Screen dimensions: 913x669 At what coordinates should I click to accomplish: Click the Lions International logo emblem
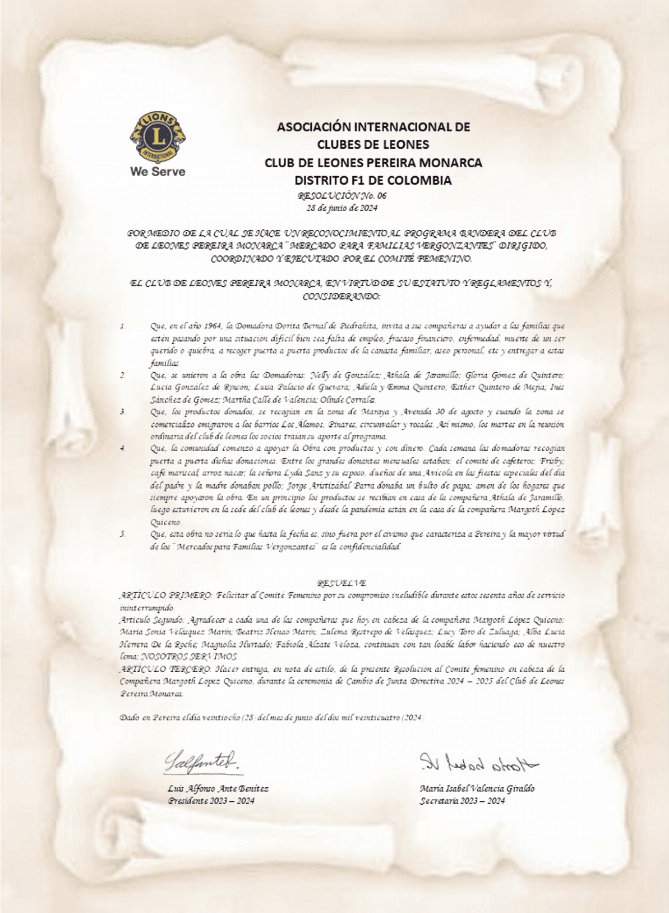pyautogui.click(x=158, y=136)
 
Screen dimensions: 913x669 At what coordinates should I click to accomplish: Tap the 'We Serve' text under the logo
pyautogui.click(x=158, y=172)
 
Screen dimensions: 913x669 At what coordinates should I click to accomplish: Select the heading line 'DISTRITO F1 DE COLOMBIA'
pyautogui.click(x=373, y=181)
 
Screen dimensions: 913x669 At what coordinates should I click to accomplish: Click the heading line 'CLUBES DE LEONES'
pyautogui.click(x=373, y=145)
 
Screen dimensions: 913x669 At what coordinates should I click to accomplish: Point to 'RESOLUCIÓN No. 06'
pyautogui.click(x=342, y=196)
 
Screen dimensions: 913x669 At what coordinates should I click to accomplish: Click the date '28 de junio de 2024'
pyautogui.click(x=342, y=208)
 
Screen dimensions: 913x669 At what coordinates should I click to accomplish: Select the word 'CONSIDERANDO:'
pyautogui.click(x=341, y=296)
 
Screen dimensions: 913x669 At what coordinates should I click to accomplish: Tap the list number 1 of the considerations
pyautogui.click(x=122, y=326)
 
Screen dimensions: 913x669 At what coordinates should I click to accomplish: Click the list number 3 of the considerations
pyautogui.click(x=122, y=412)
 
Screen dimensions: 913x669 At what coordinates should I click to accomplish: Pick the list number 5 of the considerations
pyautogui.click(x=122, y=534)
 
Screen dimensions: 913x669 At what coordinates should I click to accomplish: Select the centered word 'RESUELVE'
pyautogui.click(x=341, y=583)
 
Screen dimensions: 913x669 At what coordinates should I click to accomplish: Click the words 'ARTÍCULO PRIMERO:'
pyautogui.click(x=166, y=595)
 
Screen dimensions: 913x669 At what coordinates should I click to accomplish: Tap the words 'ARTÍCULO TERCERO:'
pyautogui.click(x=166, y=669)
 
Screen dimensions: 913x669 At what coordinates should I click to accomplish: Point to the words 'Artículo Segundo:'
pyautogui.click(x=152, y=620)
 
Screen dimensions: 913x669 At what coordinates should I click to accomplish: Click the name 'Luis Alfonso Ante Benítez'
pyautogui.click(x=218, y=788)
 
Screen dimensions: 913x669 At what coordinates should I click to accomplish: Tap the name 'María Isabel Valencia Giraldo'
pyautogui.click(x=477, y=788)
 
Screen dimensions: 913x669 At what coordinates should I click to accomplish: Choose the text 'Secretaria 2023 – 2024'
pyautogui.click(x=462, y=801)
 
